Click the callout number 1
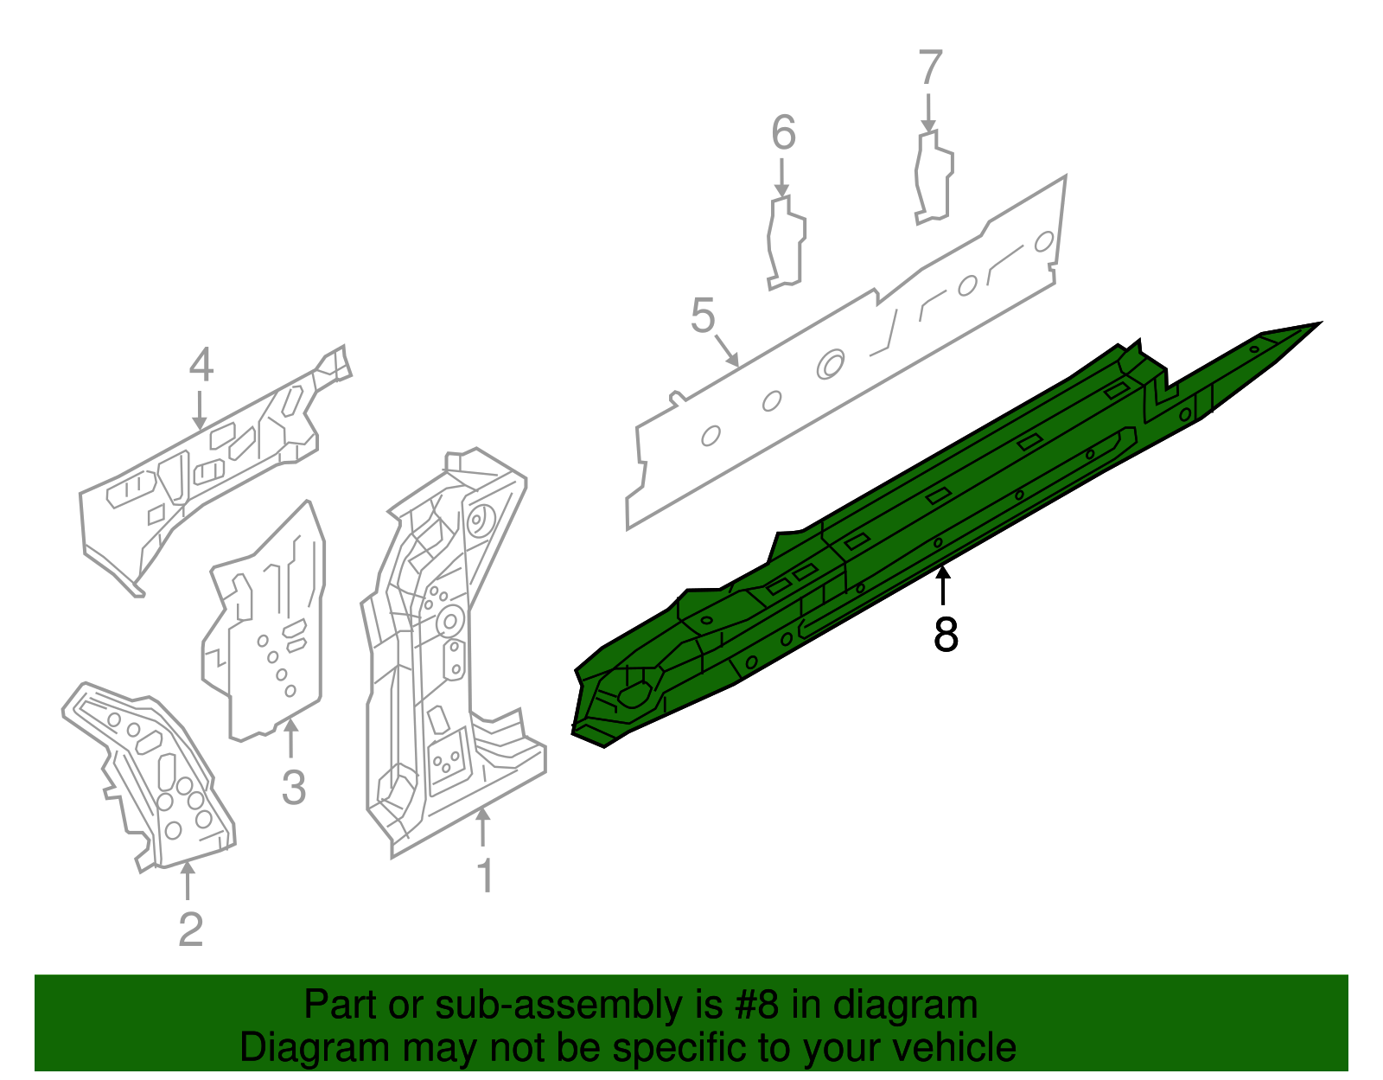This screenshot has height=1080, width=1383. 486,876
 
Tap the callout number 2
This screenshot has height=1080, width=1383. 190,930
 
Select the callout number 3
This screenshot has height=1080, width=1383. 294,788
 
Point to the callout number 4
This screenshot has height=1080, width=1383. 201,366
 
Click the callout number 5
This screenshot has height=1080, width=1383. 703,316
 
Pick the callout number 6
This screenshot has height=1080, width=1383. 783,133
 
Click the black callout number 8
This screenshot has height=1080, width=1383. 946,636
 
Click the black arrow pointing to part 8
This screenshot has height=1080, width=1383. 944,584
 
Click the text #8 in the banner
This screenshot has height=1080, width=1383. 757,1006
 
